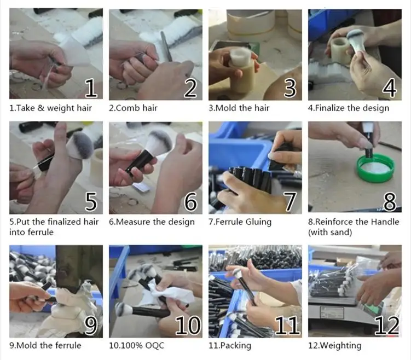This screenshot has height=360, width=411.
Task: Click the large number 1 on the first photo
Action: pos(91,88)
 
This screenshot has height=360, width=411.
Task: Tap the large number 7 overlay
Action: pos(290,201)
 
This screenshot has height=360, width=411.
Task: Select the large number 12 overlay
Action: pos(387,326)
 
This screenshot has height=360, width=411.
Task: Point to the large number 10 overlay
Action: pos(188,326)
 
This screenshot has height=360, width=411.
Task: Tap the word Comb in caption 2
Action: pos(129,108)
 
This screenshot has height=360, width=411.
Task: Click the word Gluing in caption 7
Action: pos(258,223)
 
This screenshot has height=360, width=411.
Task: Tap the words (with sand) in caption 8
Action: pos(330,232)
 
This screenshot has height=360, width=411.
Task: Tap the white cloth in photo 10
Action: pos(173,293)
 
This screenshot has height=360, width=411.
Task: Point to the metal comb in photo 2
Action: pos(166,46)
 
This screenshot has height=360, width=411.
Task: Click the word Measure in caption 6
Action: pos(133,222)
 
